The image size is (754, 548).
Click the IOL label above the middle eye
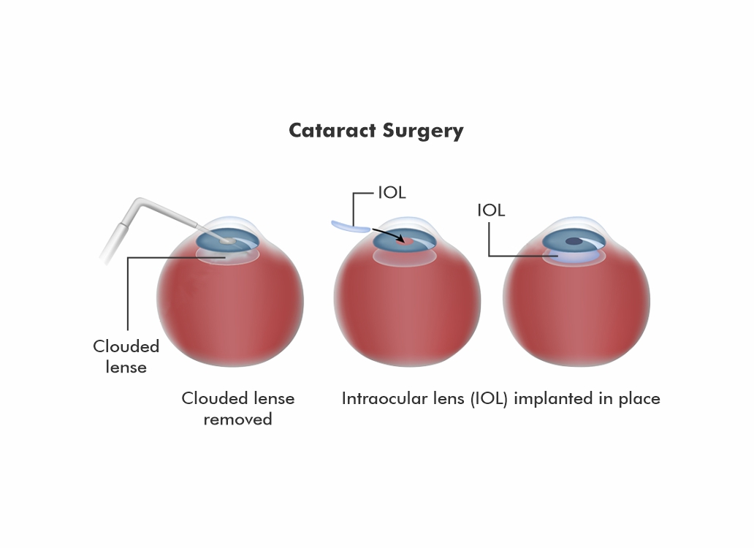coord(392,194)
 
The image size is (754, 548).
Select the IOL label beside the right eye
coord(491,210)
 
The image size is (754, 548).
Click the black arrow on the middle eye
coord(388,233)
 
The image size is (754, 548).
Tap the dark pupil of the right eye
coord(574,240)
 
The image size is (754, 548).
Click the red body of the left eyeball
coord(229,314)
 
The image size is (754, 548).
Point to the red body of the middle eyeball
coord(406,314)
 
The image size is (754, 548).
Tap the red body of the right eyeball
coord(576,314)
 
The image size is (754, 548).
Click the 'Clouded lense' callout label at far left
coord(126,356)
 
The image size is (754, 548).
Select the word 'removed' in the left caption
coord(237,419)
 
